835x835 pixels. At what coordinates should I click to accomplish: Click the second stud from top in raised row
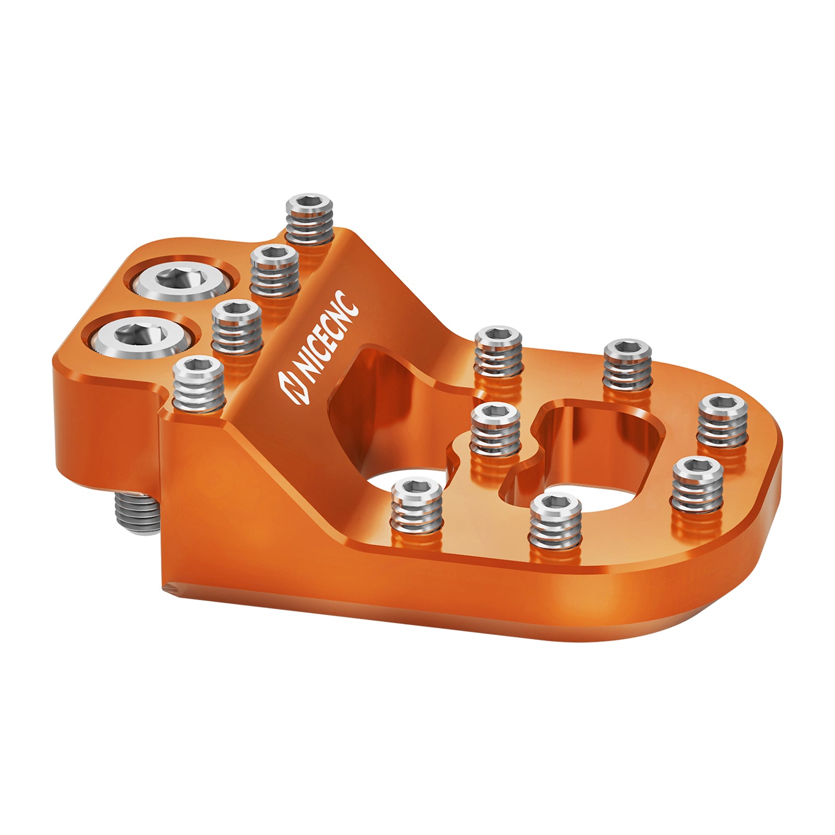[x=275, y=270]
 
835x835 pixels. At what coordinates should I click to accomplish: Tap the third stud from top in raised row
[x=236, y=327]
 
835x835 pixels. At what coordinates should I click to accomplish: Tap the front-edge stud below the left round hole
[x=416, y=509]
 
